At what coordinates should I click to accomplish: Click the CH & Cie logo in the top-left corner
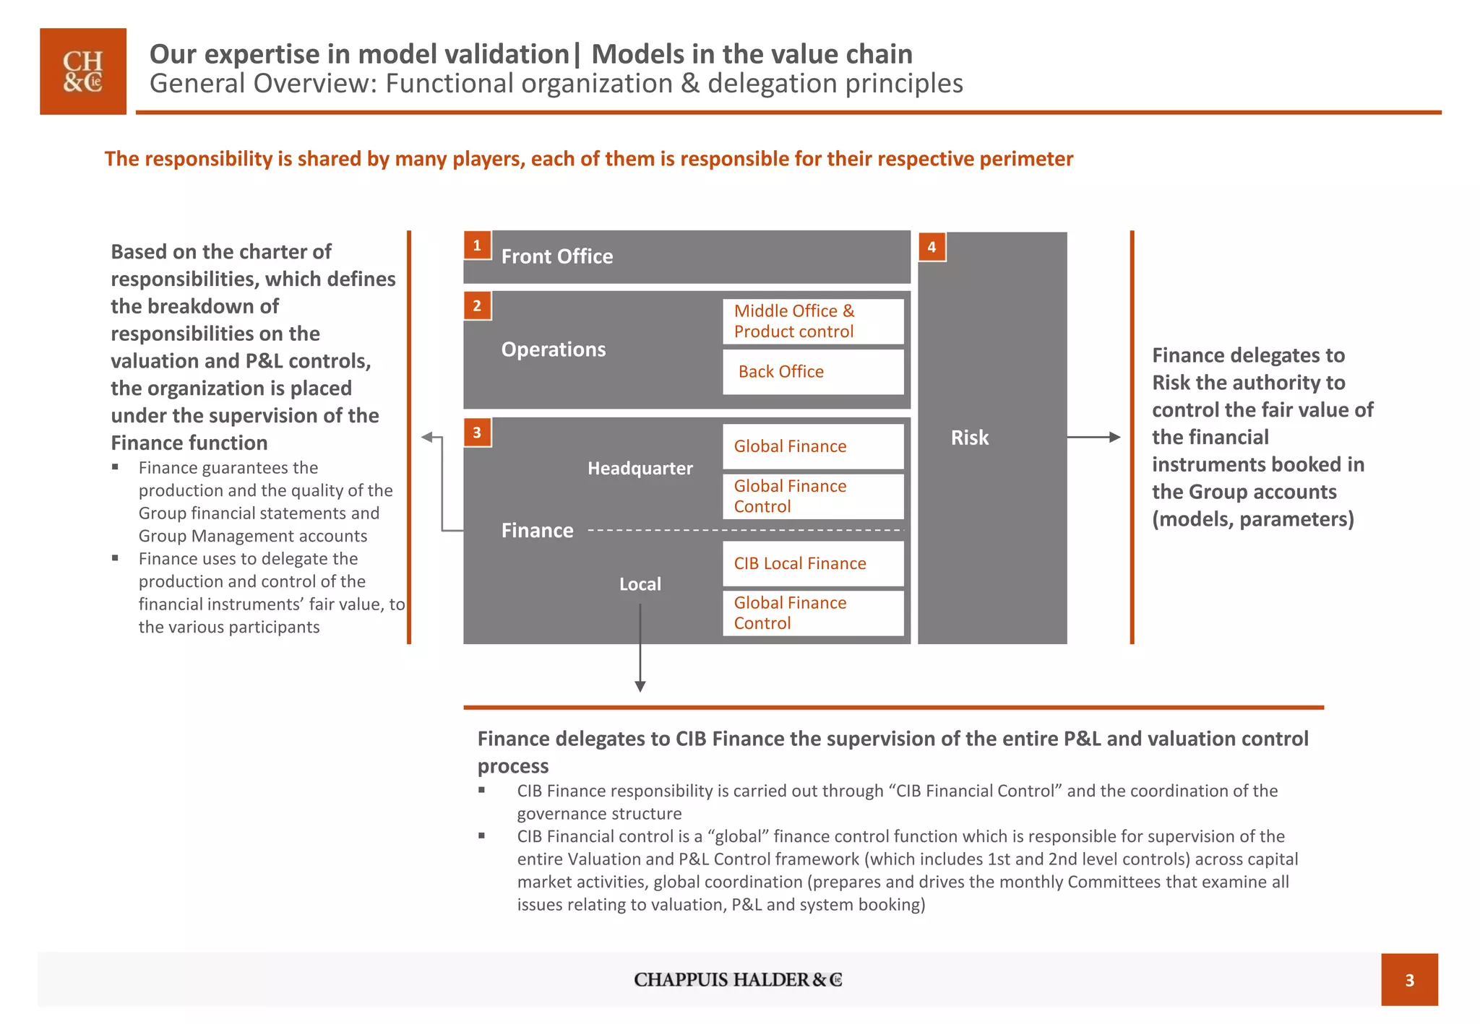83,71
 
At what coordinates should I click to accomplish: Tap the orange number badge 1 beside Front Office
477,246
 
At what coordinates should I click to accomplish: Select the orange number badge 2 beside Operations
477,305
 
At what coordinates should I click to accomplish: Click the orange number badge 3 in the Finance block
477,433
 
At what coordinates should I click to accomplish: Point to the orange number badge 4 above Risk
932,247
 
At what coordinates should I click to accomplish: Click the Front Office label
556,256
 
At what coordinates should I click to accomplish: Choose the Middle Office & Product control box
813,321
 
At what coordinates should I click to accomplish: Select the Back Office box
813,372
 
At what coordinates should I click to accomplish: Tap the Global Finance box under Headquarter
813,446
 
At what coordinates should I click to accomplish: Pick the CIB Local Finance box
813,563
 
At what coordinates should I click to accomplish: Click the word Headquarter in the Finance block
640,469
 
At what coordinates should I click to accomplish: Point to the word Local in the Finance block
640,584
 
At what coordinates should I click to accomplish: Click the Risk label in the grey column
969,438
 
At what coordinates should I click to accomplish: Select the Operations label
554,350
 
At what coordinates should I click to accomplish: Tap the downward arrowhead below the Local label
640,686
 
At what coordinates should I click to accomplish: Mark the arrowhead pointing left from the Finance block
427,437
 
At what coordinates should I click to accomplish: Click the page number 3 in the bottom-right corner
1409,980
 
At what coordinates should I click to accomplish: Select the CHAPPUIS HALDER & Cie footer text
738,980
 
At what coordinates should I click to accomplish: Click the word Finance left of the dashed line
537,531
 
